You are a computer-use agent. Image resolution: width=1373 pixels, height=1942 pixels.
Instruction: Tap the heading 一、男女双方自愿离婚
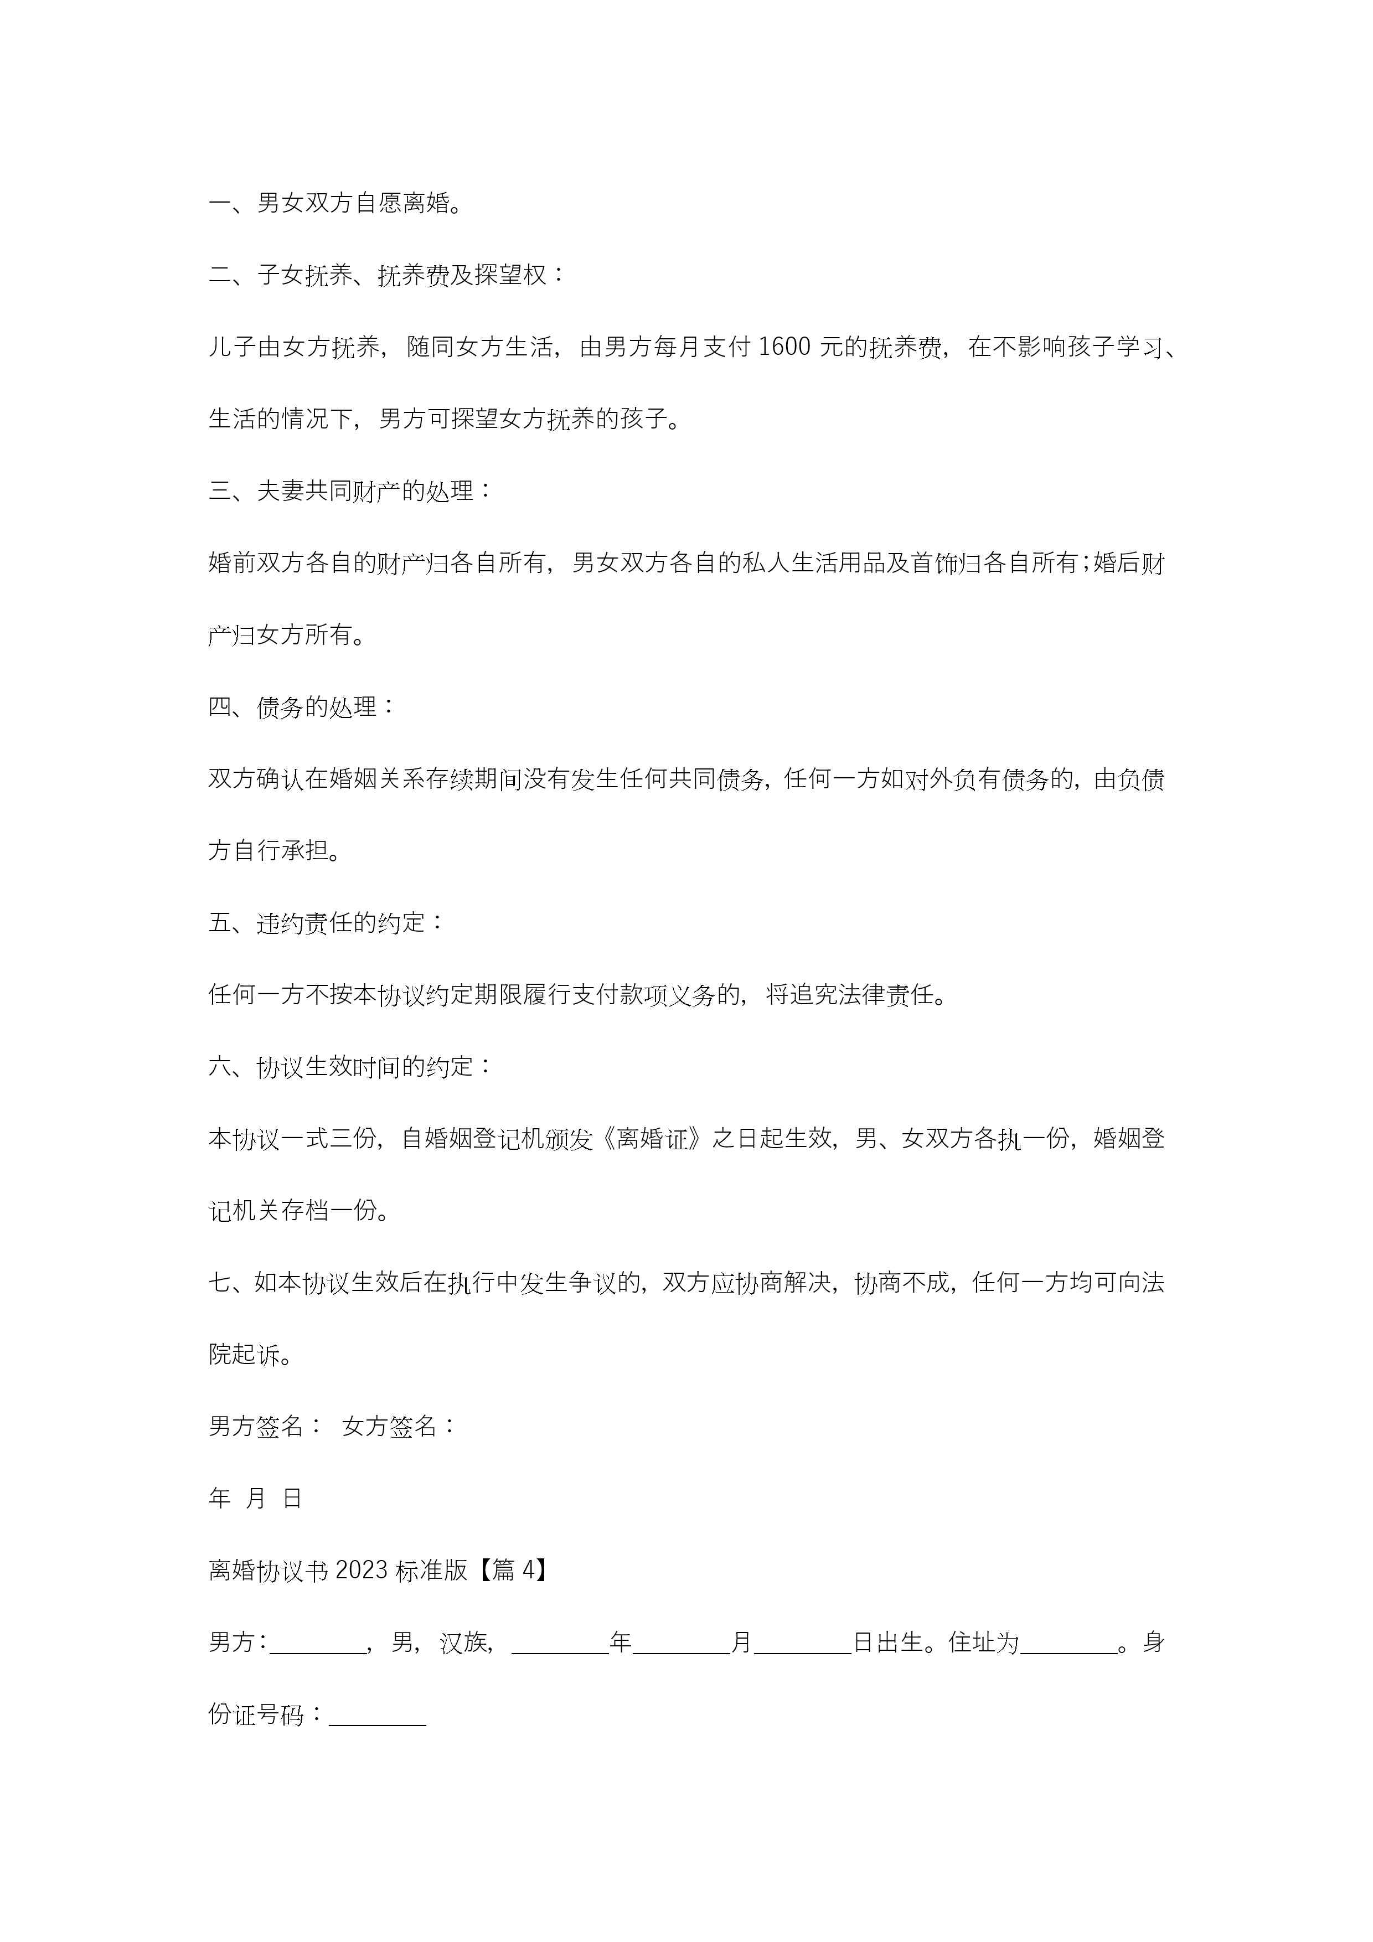[x=336, y=203]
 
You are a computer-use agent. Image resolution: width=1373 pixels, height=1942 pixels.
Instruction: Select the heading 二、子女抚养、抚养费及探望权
[x=386, y=275]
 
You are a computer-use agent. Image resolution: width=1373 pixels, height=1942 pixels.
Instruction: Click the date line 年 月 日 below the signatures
[x=255, y=1499]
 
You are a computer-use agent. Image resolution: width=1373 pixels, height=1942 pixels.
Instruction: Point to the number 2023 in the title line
[x=361, y=1571]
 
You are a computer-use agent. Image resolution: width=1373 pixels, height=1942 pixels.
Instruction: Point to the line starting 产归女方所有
[x=288, y=634]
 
